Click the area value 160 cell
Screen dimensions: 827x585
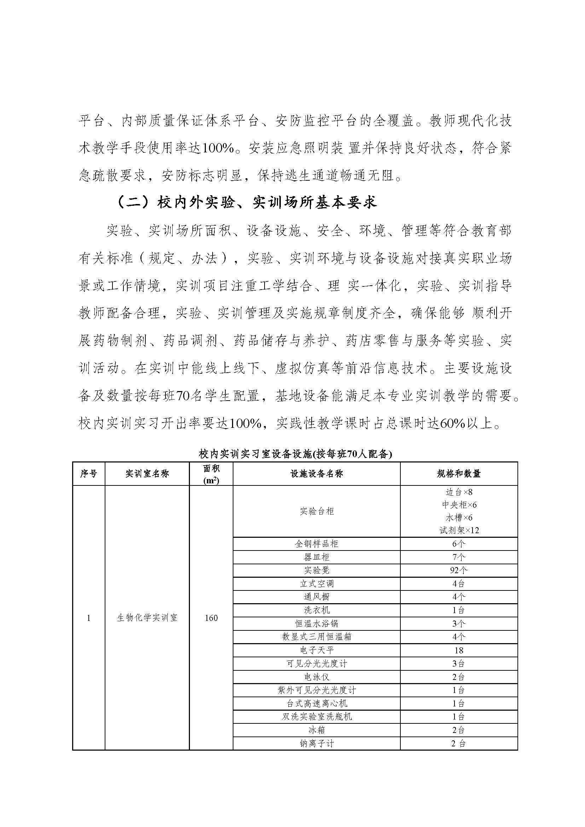[211, 618]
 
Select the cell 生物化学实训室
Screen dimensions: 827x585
[147, 618]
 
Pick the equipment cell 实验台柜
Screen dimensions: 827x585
[316, 511]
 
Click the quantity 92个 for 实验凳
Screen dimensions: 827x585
[459, 570]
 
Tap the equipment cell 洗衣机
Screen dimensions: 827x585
[316, 610]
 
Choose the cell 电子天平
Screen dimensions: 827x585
[316, 650]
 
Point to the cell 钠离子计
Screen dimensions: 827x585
[316, 743]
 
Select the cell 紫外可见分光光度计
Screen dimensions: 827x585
[316, 690]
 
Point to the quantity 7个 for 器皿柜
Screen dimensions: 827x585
[459, 557]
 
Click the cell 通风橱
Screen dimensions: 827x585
[316, 597]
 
